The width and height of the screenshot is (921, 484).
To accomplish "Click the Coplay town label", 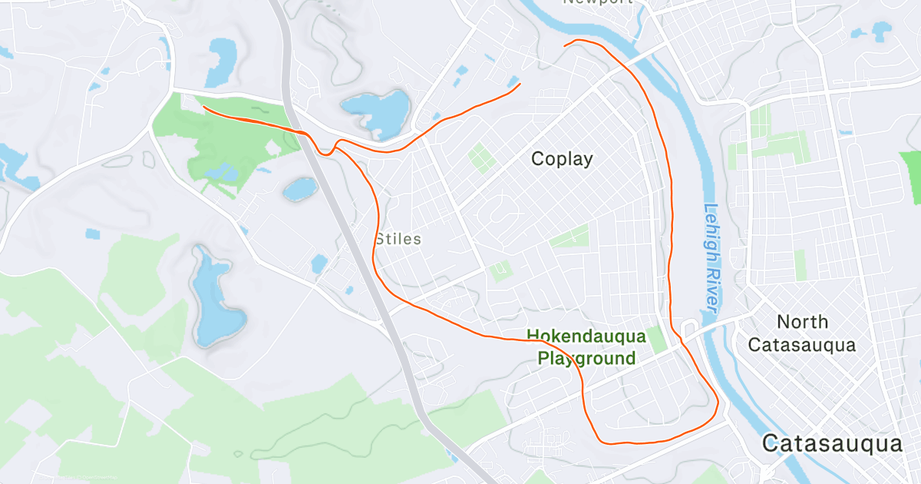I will [563, 159].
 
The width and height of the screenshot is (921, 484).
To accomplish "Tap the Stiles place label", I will [398, 239].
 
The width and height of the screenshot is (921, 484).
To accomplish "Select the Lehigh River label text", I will [711, 257].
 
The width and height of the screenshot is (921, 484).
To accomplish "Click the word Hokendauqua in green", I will [586, 336].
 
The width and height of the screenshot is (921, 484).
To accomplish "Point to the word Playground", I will [586, 358].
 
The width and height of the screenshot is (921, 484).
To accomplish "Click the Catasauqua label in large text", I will [831, 444].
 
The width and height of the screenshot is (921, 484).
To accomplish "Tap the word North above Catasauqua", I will [802, 321].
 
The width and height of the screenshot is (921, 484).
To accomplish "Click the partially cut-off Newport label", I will [598, 2].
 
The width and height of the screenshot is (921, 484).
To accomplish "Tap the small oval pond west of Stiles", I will [300, 189].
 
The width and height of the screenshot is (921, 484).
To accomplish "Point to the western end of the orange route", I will [203, 108].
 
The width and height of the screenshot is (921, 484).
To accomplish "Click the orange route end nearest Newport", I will [565, 46].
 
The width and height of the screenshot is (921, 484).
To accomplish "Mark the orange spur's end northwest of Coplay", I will [520, 84].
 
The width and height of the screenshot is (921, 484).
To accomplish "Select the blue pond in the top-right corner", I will [880, 31].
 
